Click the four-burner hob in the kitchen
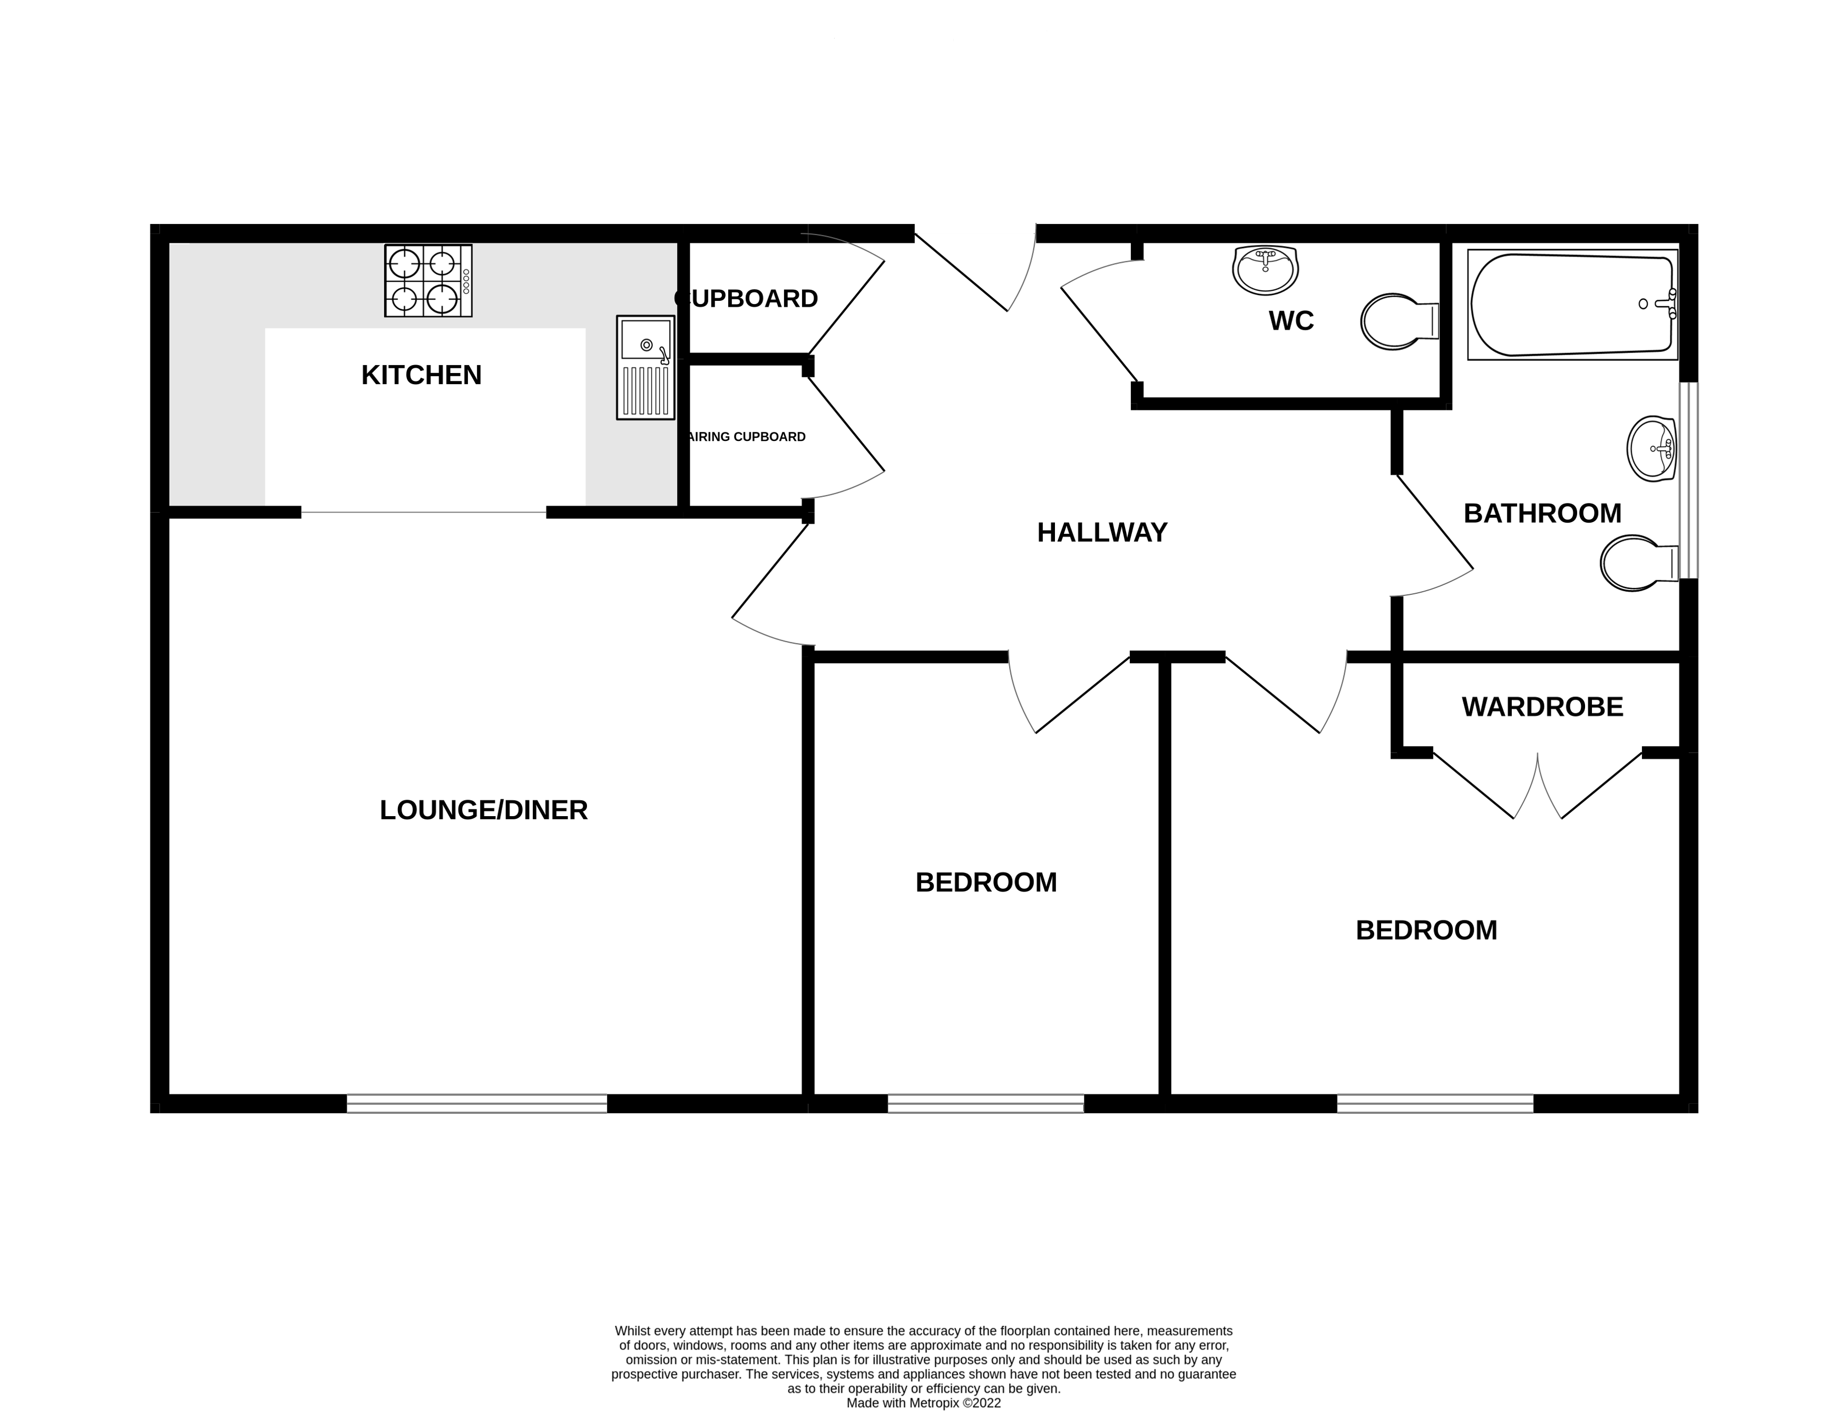click(427, 280)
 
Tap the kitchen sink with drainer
click(645, 367)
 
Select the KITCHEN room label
click(421, 375)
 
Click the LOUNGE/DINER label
click(483, 810)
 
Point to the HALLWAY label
click(1101, 533)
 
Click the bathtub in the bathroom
click(1571, 305)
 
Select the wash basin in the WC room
click(1265, 270)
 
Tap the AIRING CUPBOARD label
click(746, 437)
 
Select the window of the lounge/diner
click(476, 1104)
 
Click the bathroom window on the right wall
click(1688, 481)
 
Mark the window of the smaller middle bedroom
click(985, 1104)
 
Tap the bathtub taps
click(1670, 304)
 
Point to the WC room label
click(1290, 321)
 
